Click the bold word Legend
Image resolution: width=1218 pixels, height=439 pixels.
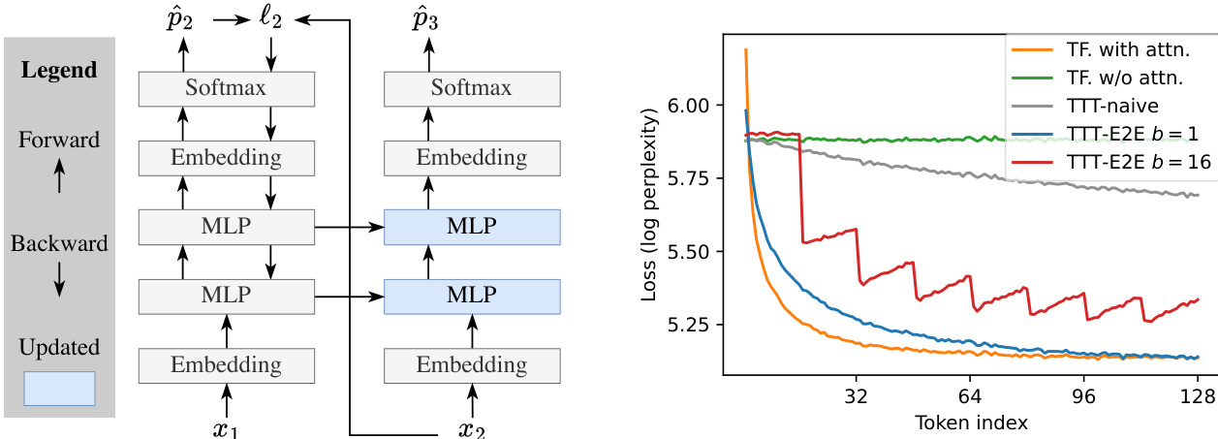coord(60,70)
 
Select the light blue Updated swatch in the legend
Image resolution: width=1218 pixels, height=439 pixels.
coord(59,388)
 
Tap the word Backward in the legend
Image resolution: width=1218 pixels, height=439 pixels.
coord(59,244)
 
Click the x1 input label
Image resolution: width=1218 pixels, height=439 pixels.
coord(226,426)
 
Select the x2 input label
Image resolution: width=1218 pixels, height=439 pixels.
coord(472,426)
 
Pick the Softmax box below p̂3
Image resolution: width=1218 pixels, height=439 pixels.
coord(473,89)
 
